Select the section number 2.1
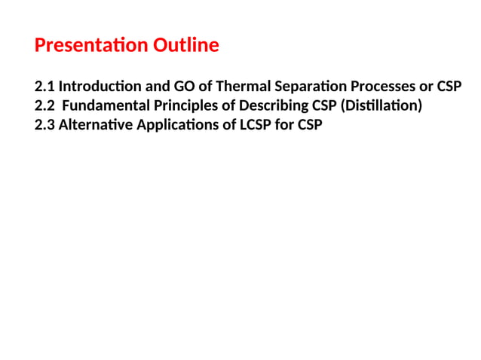coord(45,86)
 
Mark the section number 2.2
coord(45,105)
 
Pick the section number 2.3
coord(45,125)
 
